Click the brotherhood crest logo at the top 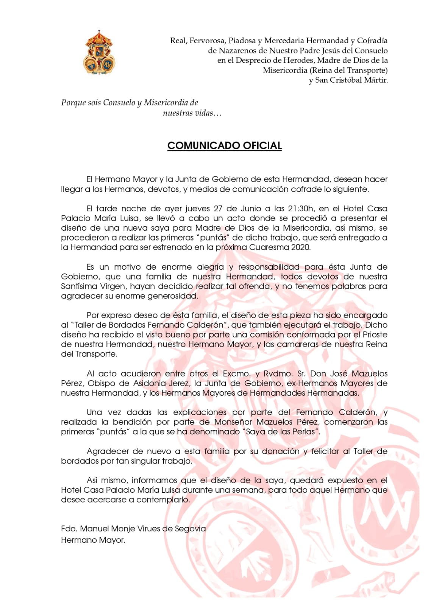(x=99, y=53)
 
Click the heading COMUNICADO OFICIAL (x=224, y=146)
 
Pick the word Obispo (x=101, y=383)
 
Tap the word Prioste (x=375, y=335)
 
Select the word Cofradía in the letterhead (x=372, y=41)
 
